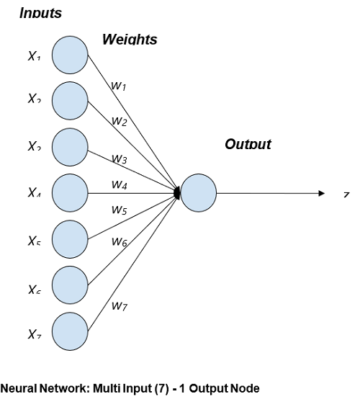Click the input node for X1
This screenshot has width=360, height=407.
tap(70, 54)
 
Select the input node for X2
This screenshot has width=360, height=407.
tap(70, 99)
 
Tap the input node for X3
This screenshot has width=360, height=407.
tap(70, 146)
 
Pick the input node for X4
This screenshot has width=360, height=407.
tap(70, 192)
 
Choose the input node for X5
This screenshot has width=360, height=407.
tap(70, 238)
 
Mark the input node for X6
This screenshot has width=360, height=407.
tap(70, 285)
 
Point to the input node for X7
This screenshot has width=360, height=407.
tap(70, 331)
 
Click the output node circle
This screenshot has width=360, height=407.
tap(198, 193)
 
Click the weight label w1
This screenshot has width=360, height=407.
tap(118, 86)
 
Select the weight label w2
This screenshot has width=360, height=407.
tap(119, 122)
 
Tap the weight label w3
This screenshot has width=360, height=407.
tap(119, 158)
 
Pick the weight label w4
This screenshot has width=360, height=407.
tap(119, 184)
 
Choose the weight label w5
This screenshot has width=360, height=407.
tap(119, 210)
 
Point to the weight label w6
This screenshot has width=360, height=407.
tap(119, 242)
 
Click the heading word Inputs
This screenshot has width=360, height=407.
tap(40, 13)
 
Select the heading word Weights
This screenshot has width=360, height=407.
tap(129, 40)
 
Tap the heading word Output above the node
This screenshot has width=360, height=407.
tap(248, 144)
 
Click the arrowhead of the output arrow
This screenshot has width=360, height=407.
tap(323, 193)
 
